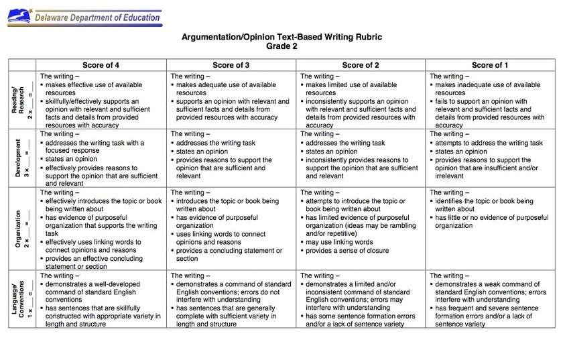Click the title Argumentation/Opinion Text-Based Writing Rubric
click(x=282, y=38)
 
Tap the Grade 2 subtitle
click(x=282, y=48)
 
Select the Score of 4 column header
click(x=101, y=65)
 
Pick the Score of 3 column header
click(x=231, y=65)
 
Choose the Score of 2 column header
click(x=361, y=65)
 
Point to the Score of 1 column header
click(x=490, y=65)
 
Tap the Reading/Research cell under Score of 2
click(x=361, y=101)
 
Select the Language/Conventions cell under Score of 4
click(x=101, y=300)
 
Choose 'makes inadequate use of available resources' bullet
click(x=487, y=89)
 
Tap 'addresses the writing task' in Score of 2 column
click(x=346, y=143)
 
